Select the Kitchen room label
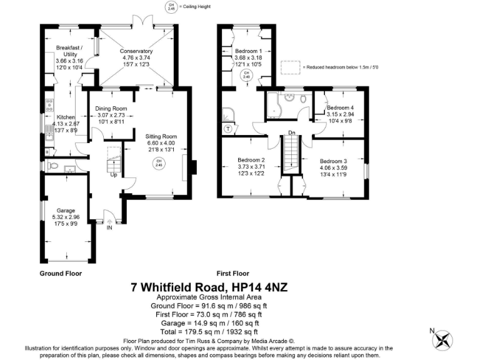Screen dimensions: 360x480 [66, 117]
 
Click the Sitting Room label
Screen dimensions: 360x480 [161, 136]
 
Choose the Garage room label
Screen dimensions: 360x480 [66, 211]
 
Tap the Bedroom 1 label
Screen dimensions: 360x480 [248, 51]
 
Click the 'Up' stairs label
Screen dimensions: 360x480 [114, 174]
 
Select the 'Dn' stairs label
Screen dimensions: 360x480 [292, 132]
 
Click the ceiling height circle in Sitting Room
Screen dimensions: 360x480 [159, 163]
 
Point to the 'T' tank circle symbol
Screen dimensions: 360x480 [229, 128]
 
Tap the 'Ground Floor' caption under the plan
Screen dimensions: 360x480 [61, 273]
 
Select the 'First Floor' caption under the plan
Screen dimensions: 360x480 [232, 273]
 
